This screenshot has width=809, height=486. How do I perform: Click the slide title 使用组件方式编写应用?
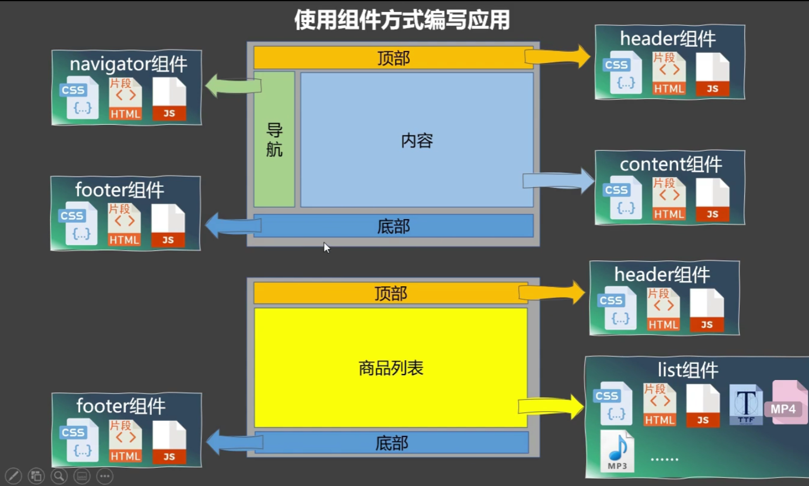402,20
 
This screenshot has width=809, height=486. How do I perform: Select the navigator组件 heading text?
128,64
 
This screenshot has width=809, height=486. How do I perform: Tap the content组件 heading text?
671,164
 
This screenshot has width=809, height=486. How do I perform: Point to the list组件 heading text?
688,370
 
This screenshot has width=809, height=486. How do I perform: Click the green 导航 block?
274,139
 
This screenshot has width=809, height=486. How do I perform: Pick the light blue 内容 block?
417,140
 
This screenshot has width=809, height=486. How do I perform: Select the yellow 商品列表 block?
390,368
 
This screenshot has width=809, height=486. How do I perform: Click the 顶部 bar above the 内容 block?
393,58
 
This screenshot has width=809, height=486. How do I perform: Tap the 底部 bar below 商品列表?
392,443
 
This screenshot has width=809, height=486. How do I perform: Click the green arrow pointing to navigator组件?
232,85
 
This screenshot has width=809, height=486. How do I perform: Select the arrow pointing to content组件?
559,180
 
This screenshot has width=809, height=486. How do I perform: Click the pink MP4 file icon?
788,404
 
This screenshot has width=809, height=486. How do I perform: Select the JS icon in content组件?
712,200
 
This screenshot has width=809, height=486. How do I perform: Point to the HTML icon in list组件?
659,405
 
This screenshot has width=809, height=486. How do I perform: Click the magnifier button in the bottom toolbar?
59,476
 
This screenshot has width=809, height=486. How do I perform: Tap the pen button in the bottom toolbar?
13,476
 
